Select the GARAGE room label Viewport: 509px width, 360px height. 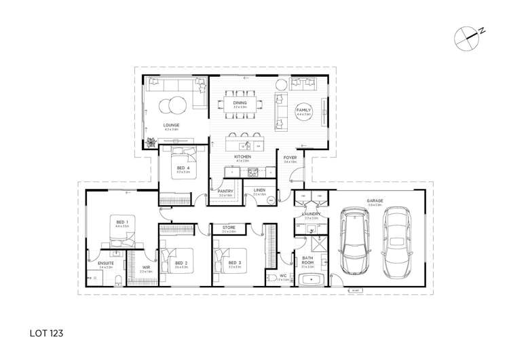click(375, 201)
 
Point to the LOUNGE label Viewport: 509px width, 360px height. click(171, 125)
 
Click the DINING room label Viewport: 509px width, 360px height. click(240, 103)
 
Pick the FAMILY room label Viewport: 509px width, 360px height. click(303, 111)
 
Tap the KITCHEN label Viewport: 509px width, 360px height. click(243, 157)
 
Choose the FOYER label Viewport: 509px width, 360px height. click(290, 158)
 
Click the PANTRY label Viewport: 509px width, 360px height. click(225, 191)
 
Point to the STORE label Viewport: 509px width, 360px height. click(228, 228)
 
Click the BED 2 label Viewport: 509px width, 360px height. click(181, 263)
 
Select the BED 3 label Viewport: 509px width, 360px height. click(235, 263)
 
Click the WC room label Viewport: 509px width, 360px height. click(284, 275)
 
